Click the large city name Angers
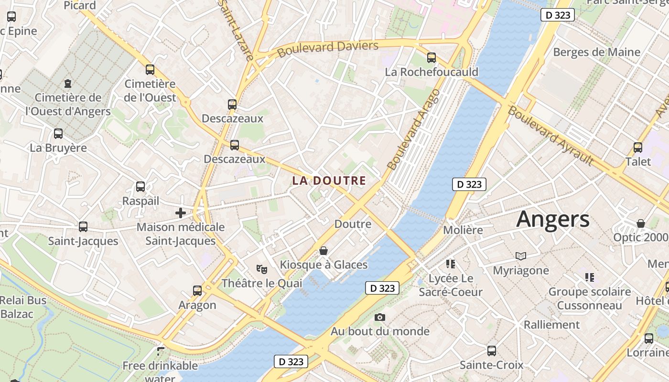point(553,219)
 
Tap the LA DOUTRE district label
point(329,181)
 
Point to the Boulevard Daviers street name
point(328,48)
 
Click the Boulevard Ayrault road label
point(550,136)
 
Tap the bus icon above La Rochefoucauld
point(432,58)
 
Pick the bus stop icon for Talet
point(638,148)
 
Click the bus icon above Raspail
point(140,187)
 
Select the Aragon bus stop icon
point(197,290)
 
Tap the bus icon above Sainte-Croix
point(491,351)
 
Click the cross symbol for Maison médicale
point(181,212)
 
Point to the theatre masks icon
point(261,269)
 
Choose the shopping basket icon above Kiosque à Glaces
point(324,251)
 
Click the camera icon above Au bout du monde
point(380,317)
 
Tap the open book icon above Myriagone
point(520,256)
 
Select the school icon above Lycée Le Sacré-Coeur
point(450,264)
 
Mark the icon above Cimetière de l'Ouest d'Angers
point(68,84)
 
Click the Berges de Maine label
point(596,52)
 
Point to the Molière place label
point(463,230)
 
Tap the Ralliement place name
point(551,325)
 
